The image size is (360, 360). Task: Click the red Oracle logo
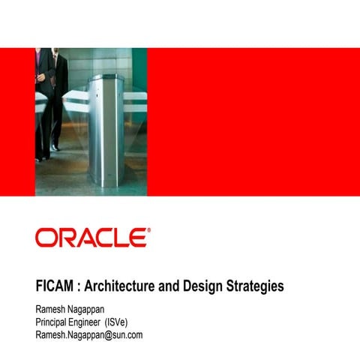coord(91,238)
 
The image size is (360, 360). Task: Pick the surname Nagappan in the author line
coord(98,309)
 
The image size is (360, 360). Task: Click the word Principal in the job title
coord(55,322)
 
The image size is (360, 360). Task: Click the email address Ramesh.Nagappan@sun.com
coord(89,334)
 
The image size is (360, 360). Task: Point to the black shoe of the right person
coord(55,147)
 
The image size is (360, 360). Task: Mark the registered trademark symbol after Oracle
coord(148,231)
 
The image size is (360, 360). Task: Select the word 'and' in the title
coord(178,286)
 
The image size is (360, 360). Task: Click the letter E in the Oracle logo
coord(137,238)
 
